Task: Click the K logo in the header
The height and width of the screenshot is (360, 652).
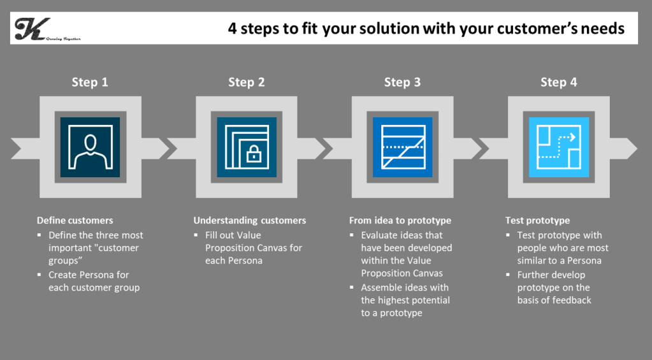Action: tap(33, 29)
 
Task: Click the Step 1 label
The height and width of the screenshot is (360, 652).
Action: tap(90, 82)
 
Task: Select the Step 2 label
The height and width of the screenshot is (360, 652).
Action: tap(246, 82)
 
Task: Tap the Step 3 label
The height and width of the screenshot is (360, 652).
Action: tap(402, 82)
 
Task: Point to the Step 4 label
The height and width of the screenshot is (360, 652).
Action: tap(558, 82)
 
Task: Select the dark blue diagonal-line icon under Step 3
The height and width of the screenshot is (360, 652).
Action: tap(403, 147)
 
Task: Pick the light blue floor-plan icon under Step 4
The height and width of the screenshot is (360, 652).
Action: tap(559, 147)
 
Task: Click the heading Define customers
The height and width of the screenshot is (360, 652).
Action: tap(75, 220)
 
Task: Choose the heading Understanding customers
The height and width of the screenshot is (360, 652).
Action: tap(250, 220)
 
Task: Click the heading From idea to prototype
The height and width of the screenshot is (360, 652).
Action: tap(400, 220)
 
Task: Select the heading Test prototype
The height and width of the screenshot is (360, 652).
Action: tap(537, 220)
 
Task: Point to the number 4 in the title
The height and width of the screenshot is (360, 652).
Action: tap(233, 29)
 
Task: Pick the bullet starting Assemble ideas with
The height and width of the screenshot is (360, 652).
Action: tap(405, 300)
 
